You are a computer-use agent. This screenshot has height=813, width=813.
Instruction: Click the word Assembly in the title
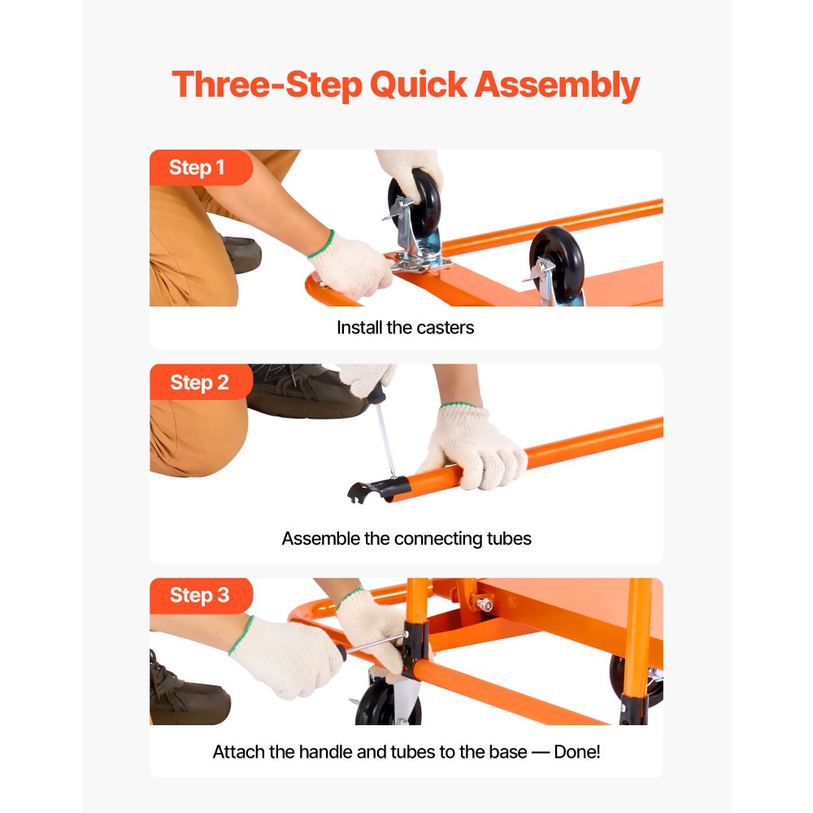(x=557, y=85)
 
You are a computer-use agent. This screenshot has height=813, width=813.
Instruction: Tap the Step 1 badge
(x=197, y=168)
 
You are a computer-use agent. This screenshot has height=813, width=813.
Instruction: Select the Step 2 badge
(x=199, y=382)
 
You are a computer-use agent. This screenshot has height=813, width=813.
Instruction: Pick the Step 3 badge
(x=199, y=595)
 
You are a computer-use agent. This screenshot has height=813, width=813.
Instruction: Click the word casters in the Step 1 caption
(x=445, y=328)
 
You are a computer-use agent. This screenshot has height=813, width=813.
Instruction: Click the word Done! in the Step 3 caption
(x=576, y=751)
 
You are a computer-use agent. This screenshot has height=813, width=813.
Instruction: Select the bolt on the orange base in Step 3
(x=485, y=604)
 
